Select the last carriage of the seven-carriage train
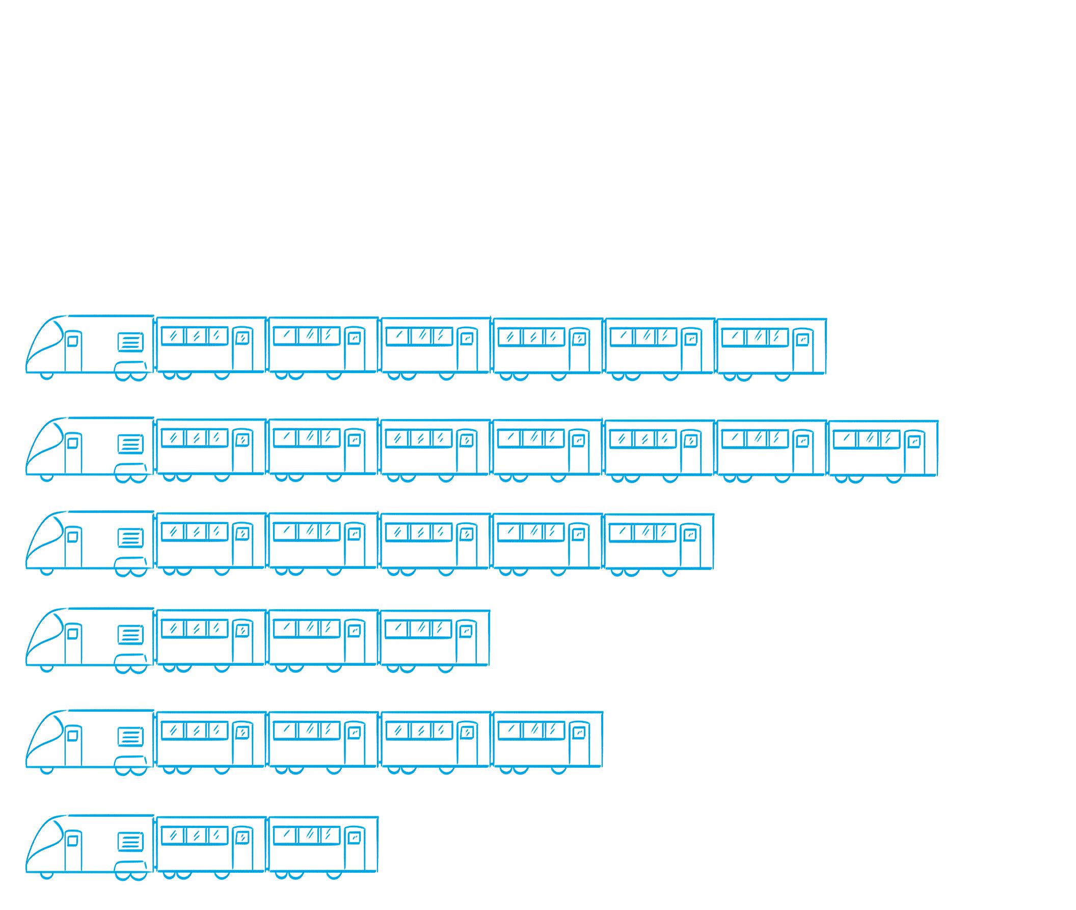(883, 448)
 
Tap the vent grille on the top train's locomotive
(130, 342)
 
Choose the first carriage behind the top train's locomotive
(211, 345)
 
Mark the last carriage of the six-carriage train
(771, 346)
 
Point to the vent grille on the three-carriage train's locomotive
(130, 635)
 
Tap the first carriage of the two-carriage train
(211, 844)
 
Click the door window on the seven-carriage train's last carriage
(914, 441)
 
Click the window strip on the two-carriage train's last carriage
(306, 835)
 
